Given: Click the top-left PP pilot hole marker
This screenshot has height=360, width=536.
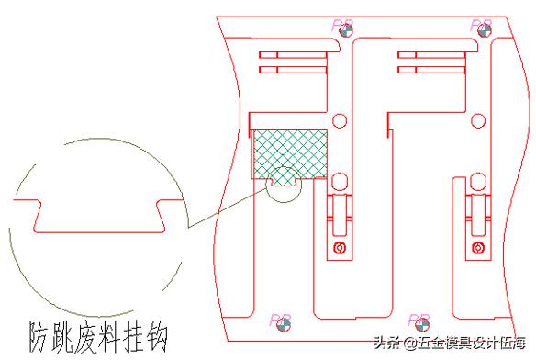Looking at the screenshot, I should point(345,28).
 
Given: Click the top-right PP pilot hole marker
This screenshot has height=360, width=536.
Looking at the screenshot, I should point(483,28).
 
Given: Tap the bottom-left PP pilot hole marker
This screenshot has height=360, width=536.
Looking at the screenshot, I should point(285,323).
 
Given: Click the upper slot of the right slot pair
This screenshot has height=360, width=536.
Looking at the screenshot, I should point(430,54).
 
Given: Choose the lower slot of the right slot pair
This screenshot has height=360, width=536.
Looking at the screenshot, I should point(430,69).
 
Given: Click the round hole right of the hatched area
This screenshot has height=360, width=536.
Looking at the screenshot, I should point(339,119).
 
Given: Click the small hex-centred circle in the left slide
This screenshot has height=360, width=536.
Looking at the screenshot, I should point(339,249).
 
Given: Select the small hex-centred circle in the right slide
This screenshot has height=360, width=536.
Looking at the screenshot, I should point(477,249).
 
